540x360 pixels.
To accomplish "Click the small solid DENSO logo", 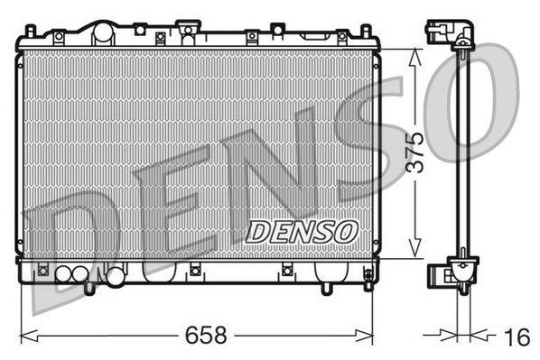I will click(303, 230).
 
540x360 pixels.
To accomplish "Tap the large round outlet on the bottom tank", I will click(115, 278).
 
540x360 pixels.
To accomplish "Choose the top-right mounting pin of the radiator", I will click(368, 32).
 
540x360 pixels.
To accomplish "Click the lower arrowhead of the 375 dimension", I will click(415, 254).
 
